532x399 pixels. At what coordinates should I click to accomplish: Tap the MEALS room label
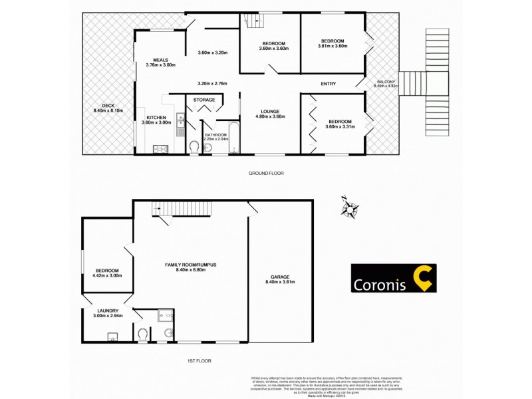click(x=160, y=59)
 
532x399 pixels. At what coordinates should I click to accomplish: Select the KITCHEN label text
click(x=156, y=117)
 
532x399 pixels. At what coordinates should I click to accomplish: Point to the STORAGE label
click(x=204, y=100)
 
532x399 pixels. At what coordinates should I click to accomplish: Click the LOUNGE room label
click(x=270, y=111)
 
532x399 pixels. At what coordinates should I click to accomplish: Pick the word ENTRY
click(x=328, y=84)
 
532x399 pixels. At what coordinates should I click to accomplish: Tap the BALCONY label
click(x=385, y=82)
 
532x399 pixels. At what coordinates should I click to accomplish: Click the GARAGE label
click(x=280, y=277)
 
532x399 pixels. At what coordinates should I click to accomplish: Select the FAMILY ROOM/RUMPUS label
click(x=191, y=264)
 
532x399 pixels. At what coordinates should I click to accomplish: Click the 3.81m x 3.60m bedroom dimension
click(x=333, y=47)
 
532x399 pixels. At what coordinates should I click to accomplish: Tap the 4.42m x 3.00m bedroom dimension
click(x=107, y=275)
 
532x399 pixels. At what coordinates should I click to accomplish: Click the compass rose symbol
click(x=349, y=207)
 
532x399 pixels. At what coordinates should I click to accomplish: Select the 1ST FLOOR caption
click(x=200, y=361)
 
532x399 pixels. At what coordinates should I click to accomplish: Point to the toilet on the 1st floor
click(x=142, y=335)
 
